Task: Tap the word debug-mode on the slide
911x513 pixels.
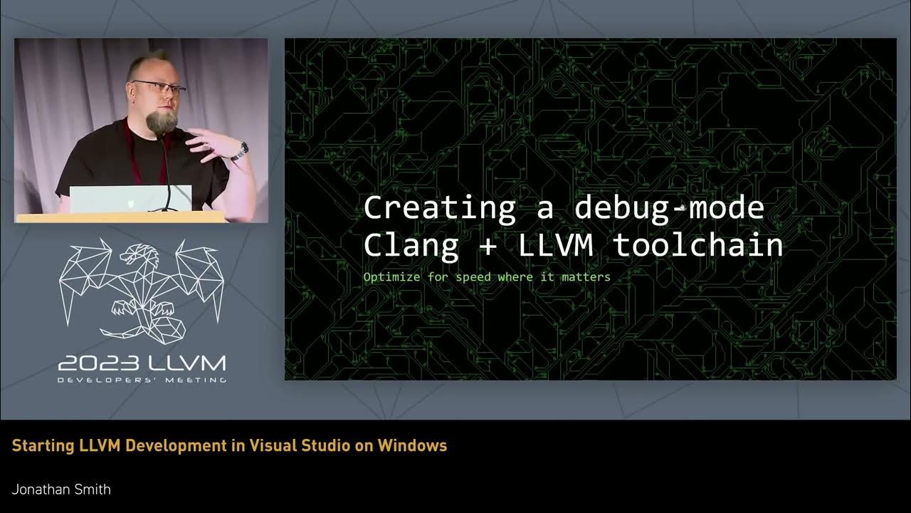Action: point(669,208)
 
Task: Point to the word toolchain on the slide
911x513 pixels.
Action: point(697,245)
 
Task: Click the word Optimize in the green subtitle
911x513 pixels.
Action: point(392,276)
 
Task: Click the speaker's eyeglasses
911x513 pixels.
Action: point(159,88)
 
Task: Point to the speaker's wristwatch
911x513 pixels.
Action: point(243,150)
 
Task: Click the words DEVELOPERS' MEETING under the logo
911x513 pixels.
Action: point(142,380)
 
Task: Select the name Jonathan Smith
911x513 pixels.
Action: point(61,489)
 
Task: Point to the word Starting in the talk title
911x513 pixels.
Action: point(41,446)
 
